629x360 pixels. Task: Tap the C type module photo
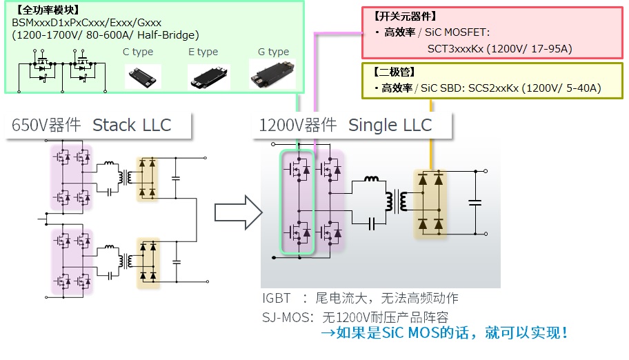(x=143, y=76)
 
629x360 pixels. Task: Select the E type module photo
(x=208, y=77)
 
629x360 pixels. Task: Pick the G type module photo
(x=272, y=75)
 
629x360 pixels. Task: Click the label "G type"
(x=273, y=52)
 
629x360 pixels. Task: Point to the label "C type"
(x=138, y=52)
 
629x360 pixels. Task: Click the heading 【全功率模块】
(x=46, y=10)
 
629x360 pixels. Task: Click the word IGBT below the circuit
(x=277, y=299)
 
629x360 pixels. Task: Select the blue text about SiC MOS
(x=446, y=334)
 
